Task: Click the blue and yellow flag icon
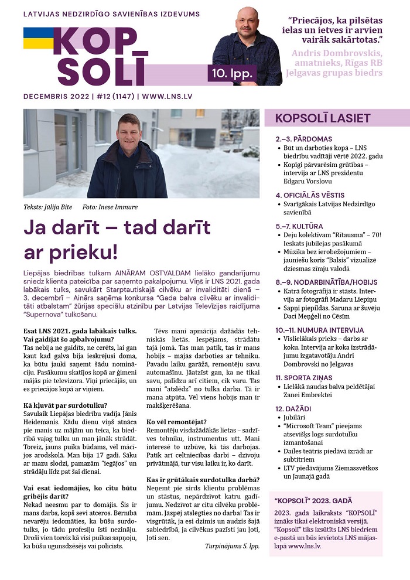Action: pyautogui.click(x=39, y=38)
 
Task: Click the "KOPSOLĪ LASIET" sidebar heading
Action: pyautogui.click(x=323, y=118)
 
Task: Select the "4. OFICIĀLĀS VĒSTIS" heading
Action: pyautogui.click(x=310, y=195)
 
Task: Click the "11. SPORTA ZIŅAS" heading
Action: pyautogui.click(x=308, y=378)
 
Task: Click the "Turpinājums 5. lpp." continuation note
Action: pyautogui.click(x=231, y=545)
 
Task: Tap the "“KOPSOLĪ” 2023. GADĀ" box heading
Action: pyautogui.click(x=313, y=500)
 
